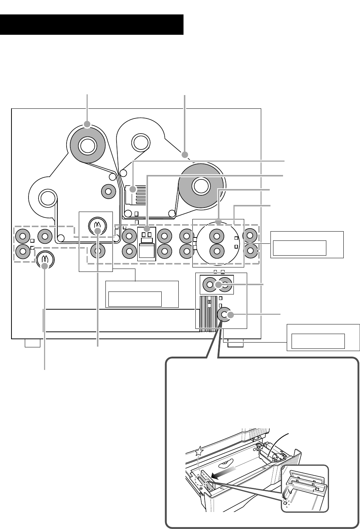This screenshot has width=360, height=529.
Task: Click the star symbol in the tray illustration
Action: tap(199, 451)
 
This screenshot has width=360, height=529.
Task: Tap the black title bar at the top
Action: tap(92, 25)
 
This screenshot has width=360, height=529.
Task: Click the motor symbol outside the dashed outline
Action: tap(45, 259)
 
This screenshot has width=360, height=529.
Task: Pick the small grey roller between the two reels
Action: tap(108, 191)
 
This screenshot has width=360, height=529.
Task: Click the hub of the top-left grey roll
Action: tap(87, 145)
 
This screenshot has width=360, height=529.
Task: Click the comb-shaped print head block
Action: tap(136, 195)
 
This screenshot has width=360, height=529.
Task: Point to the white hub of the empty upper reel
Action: tap(140, 142)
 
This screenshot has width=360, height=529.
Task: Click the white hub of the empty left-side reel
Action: tap(48, 198)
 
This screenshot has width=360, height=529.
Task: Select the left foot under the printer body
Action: tap(32, 344)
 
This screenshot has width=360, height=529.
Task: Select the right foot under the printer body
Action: tap(235, 344)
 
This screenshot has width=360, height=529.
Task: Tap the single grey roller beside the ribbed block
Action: tap(225, 315)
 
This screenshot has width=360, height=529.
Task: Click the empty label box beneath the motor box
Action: tap(135, 299)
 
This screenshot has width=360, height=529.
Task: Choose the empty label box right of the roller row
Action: tap(300, 248)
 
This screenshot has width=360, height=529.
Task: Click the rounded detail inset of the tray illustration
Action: tap(305, 488)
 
